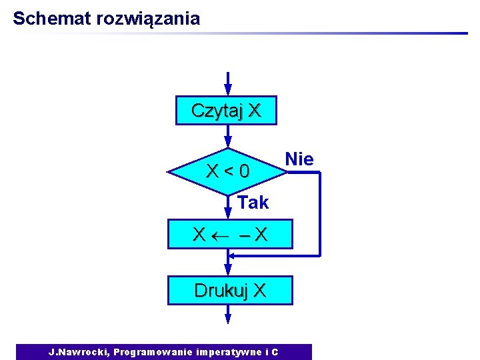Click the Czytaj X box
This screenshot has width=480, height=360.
(226, 111)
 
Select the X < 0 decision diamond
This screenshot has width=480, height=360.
(228, 173)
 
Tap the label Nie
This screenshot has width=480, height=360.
(299, 159)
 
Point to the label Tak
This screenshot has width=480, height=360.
(253, 202)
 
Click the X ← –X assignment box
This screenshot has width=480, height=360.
(230, 234)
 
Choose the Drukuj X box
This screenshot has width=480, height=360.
(230, 291)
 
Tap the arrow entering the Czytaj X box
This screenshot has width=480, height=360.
(228, 83)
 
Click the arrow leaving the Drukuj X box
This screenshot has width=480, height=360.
(228, 314)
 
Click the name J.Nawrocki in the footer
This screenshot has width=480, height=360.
(79, 352)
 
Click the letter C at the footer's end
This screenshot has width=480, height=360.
(275, 352)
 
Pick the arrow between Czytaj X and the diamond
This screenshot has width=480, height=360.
(228, 137)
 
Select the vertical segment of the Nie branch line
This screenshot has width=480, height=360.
(320, 213)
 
